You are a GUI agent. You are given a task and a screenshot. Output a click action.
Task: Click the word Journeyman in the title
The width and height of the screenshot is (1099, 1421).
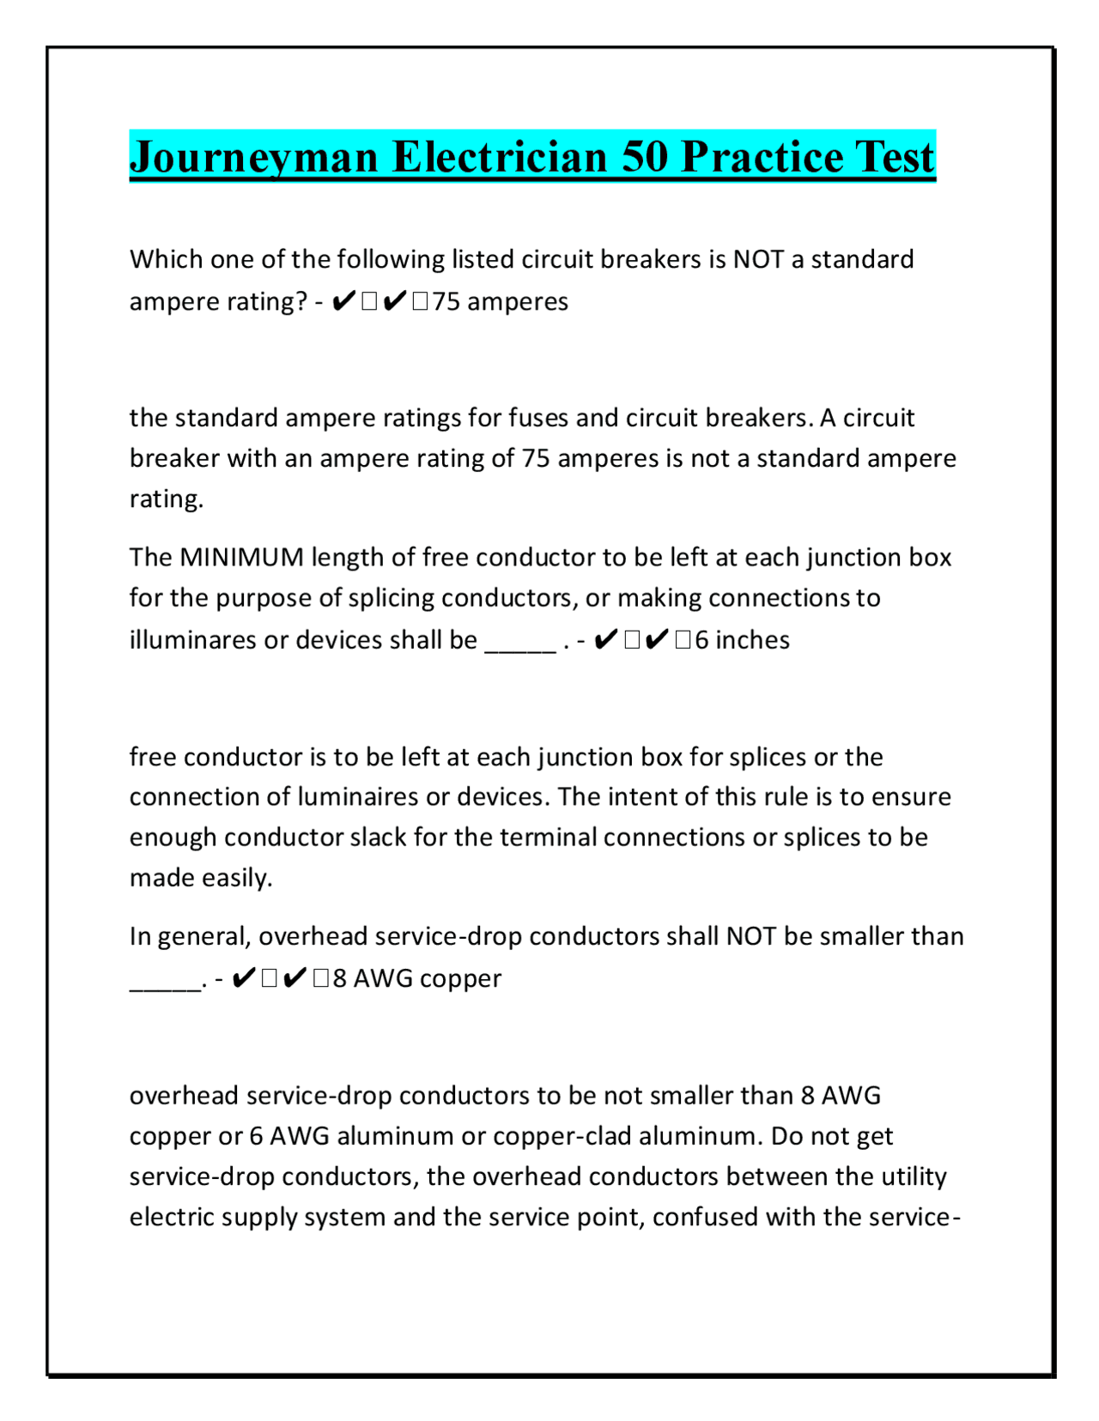(254, 157)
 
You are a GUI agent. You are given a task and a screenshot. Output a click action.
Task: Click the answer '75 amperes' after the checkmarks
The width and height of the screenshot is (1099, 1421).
(500, 302)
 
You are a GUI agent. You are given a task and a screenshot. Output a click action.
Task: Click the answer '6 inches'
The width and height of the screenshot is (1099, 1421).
(742, 640)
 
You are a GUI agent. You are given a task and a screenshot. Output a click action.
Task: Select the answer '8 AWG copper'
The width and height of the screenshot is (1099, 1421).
(417, 978)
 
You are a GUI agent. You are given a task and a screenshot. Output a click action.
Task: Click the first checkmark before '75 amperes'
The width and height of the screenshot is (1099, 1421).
(342, 302)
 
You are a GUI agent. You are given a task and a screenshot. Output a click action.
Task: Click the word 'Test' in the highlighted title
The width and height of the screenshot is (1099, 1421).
(894, 157)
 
